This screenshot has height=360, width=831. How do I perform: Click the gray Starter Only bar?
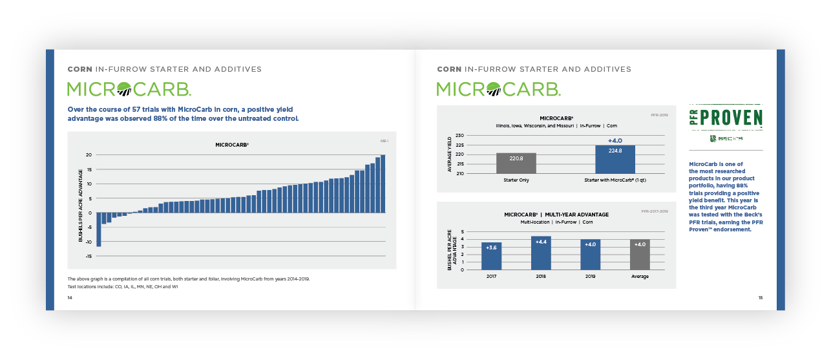[516, 163]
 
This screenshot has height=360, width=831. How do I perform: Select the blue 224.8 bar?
[615, 159]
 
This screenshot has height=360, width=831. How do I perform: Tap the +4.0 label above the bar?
[615, 140]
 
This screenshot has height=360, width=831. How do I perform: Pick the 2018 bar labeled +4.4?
[541, 253]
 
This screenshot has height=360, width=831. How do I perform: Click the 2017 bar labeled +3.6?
[491, 256]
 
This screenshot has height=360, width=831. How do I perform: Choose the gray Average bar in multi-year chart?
[640, 255]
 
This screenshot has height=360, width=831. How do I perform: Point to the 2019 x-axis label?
[590, 276]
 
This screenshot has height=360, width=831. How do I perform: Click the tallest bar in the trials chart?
[383, 184]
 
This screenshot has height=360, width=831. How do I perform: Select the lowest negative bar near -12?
[99, 229]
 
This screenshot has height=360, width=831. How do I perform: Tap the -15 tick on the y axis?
[89, 256]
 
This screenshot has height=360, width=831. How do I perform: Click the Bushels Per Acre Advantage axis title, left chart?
[81, 206]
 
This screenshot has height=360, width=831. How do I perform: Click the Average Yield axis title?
[449, 154]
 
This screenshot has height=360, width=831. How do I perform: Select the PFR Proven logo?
[725, 118]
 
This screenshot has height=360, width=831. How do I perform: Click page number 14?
[70, 297]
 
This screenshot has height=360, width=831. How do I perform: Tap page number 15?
[761, 297]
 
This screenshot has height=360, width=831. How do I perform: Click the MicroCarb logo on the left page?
[129, 89]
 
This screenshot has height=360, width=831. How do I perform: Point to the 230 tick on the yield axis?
[459, 136]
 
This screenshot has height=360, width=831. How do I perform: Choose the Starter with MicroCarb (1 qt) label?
[615, 180]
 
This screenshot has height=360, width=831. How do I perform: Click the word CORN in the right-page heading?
[449, 69]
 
